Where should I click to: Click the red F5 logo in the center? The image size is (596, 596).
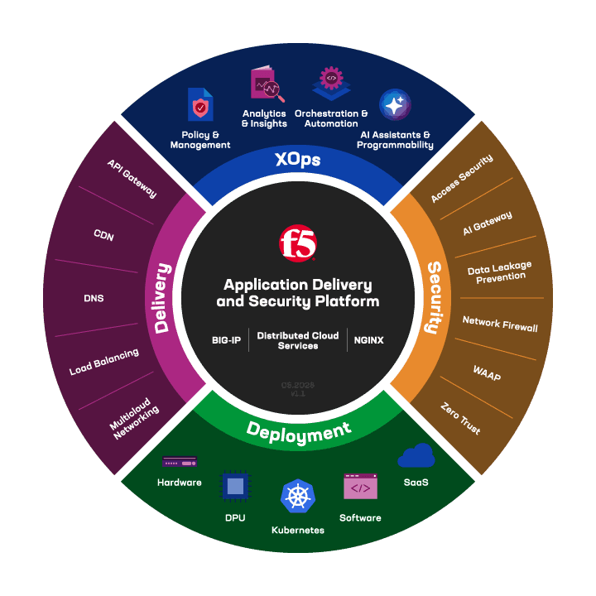pos(298,243)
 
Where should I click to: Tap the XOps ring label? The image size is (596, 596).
pos(298,159)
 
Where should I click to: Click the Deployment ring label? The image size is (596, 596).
pos(298,431)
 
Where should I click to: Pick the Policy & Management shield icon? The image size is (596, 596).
pos(200,106)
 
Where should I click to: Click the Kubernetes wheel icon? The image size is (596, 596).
pos(298,497)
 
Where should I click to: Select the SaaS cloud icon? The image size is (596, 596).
pos(416,456)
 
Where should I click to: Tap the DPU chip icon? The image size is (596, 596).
pos(235,487)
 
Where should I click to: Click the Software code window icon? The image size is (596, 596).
pos(360,488)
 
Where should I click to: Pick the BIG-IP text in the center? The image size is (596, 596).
pos(225,340)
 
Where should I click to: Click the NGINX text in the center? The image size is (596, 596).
pos(368,340)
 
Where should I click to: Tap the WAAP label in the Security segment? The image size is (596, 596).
pos(487,372)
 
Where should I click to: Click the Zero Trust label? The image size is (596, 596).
pos(461,419)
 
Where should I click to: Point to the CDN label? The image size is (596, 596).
pos(103,237)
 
